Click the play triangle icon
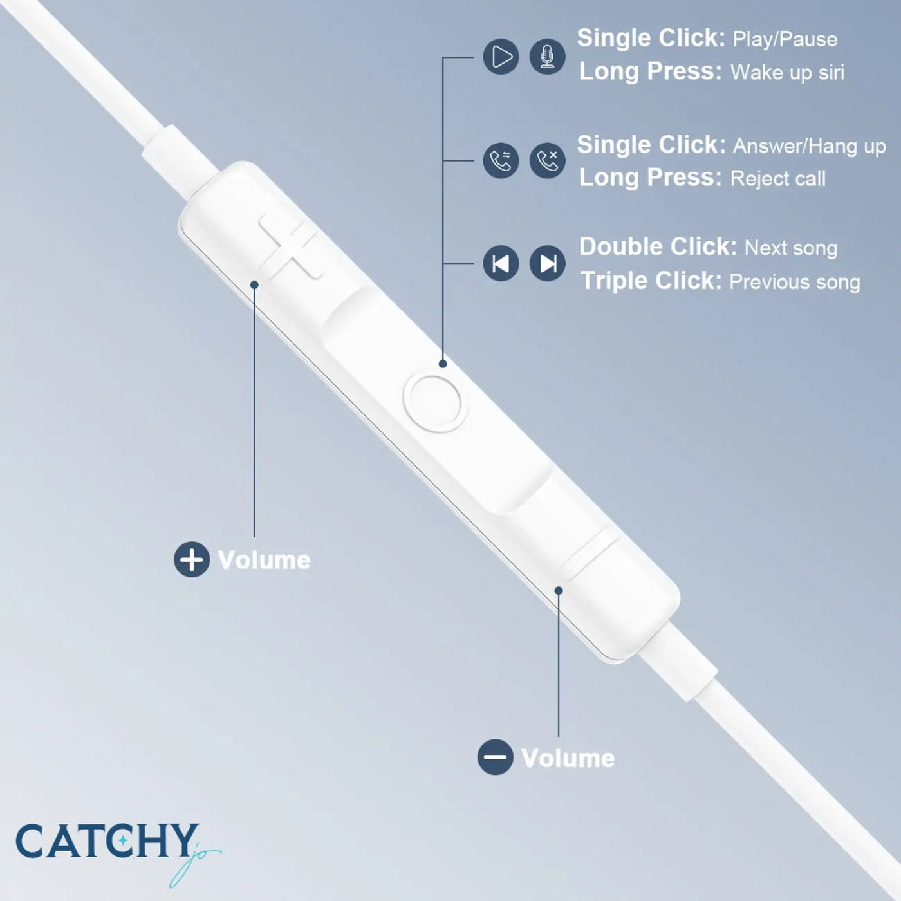[501, 57]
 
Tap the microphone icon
[547, 57]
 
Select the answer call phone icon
[501, 160]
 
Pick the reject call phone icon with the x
[547, 160]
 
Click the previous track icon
[501, 263]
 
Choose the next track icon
[547, 263]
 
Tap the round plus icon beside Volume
[192, 559]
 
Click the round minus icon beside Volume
[495, 757]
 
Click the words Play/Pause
[785, 39]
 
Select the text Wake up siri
[787, 73]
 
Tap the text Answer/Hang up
[810, 146]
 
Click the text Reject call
[778, 179]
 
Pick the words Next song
[791, 248]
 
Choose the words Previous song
[795, 282]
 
